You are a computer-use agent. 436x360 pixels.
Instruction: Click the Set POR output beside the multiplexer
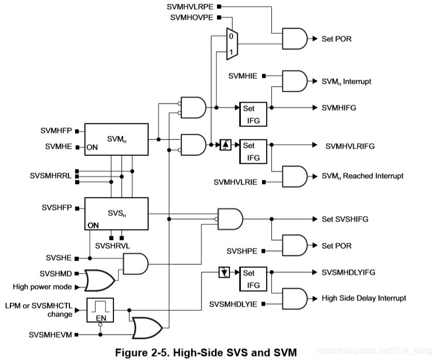(337, 38)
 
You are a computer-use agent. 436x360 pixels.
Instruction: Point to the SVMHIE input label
(246, 76)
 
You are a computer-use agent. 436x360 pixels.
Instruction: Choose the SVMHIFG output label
(340, 107)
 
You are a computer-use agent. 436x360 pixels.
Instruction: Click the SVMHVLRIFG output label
(350, 146)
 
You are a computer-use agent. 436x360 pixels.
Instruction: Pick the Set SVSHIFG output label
(345, 219)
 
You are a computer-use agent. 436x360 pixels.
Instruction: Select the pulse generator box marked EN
(100, 310)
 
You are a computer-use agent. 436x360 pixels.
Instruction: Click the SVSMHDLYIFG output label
(348, 272)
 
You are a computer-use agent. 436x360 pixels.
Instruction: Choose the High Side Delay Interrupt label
(364, 298)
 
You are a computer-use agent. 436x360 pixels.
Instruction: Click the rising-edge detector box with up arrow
(225, 146)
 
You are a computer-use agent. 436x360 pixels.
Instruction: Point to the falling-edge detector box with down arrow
(223, 272)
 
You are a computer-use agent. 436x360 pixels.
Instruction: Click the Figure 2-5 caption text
(205, 353)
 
